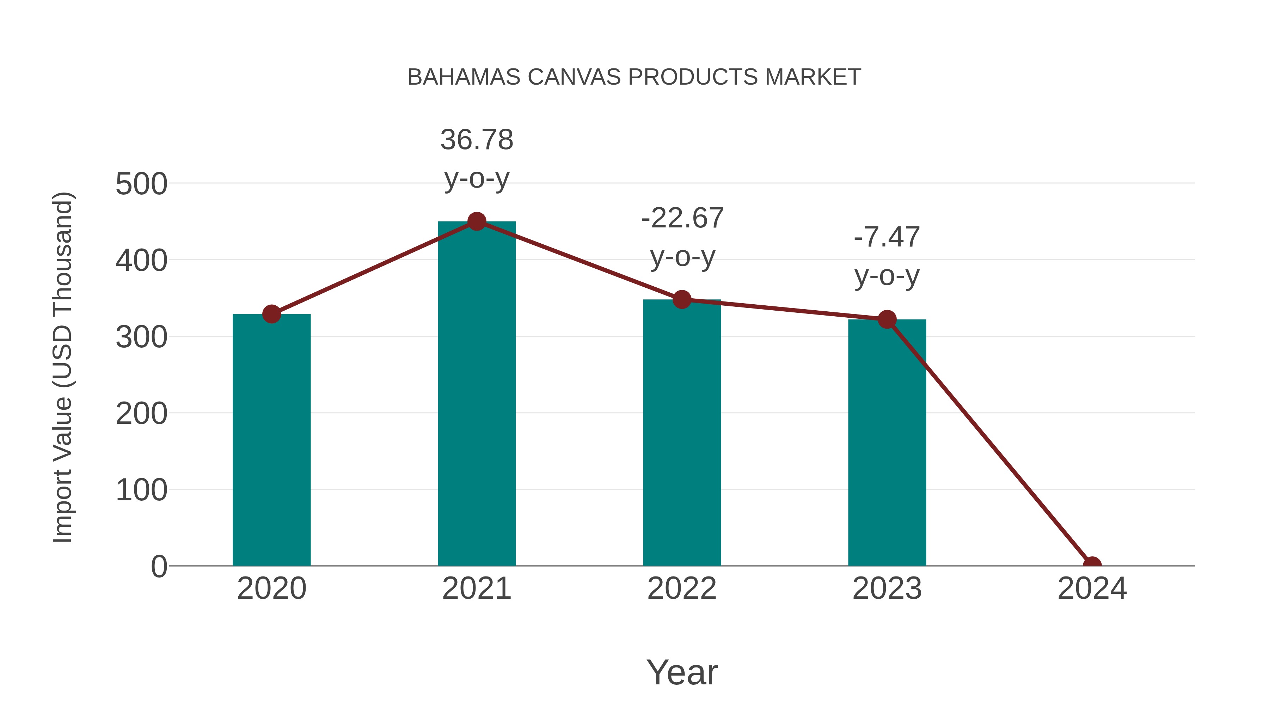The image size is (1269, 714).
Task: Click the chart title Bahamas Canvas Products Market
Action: click(x=634, y=77)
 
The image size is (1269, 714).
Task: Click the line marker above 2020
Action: click(x=271, y=314)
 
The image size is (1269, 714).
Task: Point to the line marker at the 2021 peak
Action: click(x=476, y=222)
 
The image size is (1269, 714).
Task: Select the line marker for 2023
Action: click(x=887, y=319)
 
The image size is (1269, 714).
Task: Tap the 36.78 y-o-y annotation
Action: click(x=476, y=158)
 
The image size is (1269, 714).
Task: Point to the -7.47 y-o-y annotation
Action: click(x=887, y=256)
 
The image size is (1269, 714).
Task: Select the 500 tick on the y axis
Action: click(x=141, y=184)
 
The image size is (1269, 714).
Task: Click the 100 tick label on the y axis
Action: click(x=141, y=490)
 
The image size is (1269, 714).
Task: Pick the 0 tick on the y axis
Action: click(x=159, y=567)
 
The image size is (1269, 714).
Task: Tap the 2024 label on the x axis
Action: click(x=1092, y=588)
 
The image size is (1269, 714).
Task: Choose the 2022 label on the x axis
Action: click(x=682, y=588)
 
